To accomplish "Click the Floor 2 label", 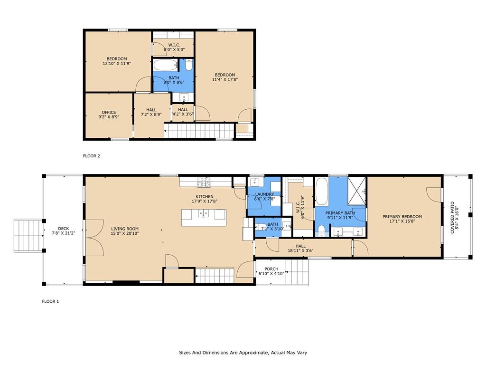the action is coord(92,156).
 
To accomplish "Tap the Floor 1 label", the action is coord(50,301).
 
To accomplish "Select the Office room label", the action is coord(109,112).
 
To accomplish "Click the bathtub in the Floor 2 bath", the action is coord(166,66).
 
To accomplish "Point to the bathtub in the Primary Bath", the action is coord(322,191).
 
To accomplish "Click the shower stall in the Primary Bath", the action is coord(356,191).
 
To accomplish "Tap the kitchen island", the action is coord(204,218).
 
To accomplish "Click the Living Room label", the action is coord(125,229).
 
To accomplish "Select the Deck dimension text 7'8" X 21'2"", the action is coord(63,233).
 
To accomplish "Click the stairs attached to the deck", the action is coord(28,236).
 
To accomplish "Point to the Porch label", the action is coord(271,269).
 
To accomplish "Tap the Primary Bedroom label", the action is coord(402,217).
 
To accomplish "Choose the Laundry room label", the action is coord(264,194).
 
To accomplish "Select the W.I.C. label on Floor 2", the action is coord(174,45).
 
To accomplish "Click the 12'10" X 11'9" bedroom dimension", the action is coord(117,63).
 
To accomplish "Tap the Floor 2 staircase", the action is coord(199,131).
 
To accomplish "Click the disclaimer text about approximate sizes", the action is coord(243,353).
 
